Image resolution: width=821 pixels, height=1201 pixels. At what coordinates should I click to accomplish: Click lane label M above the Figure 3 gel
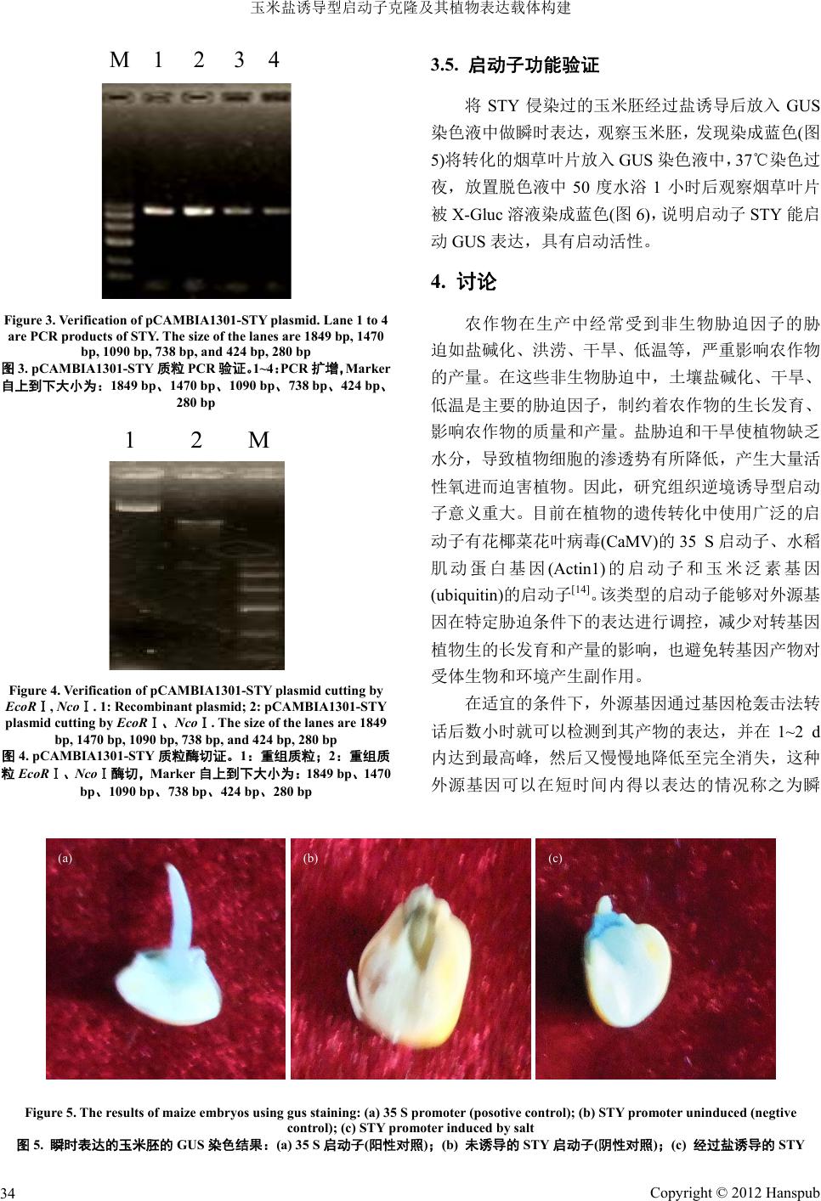click(119, 59)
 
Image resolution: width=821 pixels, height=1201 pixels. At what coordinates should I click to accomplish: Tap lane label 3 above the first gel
click(239, 59)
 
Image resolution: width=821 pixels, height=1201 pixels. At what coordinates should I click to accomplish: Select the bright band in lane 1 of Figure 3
click(159, 211)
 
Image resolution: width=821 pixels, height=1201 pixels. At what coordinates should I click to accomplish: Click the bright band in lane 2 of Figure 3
click(198, 211)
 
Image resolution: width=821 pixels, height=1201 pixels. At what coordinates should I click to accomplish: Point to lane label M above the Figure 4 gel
click(258, 440)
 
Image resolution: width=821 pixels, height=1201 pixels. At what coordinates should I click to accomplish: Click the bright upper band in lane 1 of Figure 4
click(138, 507)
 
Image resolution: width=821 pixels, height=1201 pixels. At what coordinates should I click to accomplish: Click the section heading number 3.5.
click(444, 65)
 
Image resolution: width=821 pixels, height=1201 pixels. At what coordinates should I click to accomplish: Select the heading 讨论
click(477, 281)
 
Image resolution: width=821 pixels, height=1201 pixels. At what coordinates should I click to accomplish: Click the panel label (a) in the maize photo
click(65, 859)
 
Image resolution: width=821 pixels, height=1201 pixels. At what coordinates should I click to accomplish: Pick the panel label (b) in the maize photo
click(310, 859)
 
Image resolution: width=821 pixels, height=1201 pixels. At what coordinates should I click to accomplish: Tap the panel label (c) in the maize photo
click(555, 859)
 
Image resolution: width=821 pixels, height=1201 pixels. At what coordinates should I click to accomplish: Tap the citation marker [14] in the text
click(580, 589)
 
